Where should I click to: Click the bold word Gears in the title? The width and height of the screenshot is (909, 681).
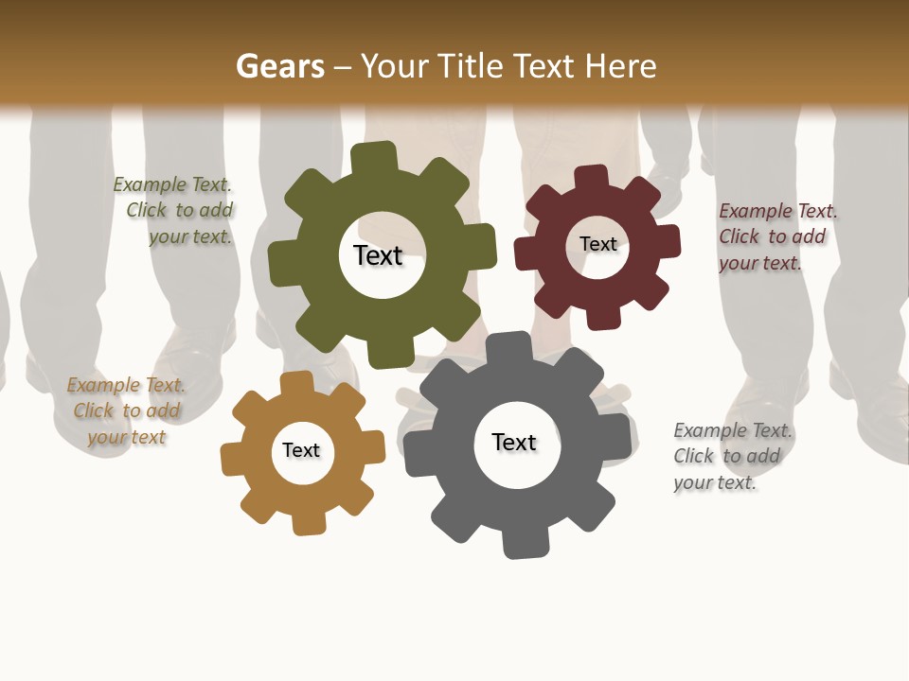pos(279,66)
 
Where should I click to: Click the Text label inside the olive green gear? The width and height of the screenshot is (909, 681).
pos(378,255)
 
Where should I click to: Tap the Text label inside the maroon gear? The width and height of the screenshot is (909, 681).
pos(597,244)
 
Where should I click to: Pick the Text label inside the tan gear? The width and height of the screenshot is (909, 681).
pos(301,450)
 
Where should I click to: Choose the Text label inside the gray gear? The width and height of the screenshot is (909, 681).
pos(514,442)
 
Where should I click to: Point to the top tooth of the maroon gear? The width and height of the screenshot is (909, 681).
pos(592,179)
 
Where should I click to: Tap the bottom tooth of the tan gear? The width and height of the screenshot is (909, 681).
pos(308,522)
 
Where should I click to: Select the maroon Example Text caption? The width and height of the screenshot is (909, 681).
pos(776,236)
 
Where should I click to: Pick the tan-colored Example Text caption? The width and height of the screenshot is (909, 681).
pos(126,410)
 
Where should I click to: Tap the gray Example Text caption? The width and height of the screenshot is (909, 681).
pos(732,456)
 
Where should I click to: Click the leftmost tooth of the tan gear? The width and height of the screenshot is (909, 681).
pos(233,461)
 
